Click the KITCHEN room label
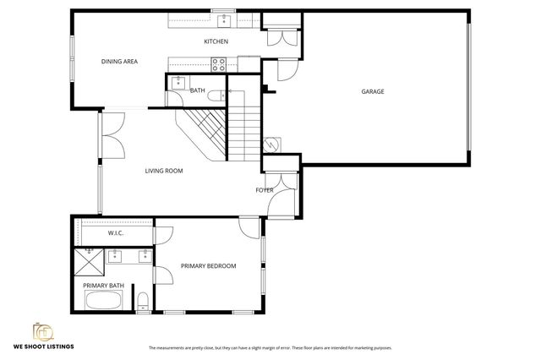coord(216,41)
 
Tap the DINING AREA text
coord(119,62)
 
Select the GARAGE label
coord(372,91)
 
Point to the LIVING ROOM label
coord(163,171)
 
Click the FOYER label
coord(265,190)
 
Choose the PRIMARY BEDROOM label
coord(208,266)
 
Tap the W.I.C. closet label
coord(117,233)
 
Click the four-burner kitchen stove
coord(219,63)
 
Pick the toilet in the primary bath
coord(145,301)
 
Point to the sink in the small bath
coord(178,82)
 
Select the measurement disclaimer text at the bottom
coord(270,348)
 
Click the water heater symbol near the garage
coord(272,144)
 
